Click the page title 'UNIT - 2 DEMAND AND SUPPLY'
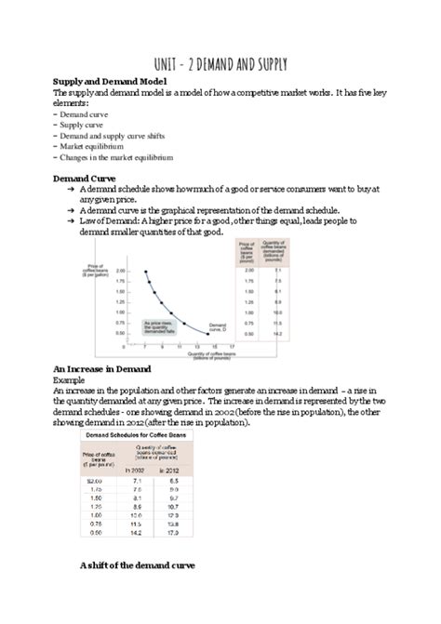pyautogui.click(x=220, y=64)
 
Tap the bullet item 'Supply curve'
pyautogui.click(x=82, y=124)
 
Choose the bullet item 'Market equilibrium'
pyautogui.click(x=93, y=146)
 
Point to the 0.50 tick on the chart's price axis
pyautogui.click(x=120, y=332)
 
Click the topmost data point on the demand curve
pyautogui.click(x=146, y=272)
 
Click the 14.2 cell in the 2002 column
pyautogui.click(x=137, y=534)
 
